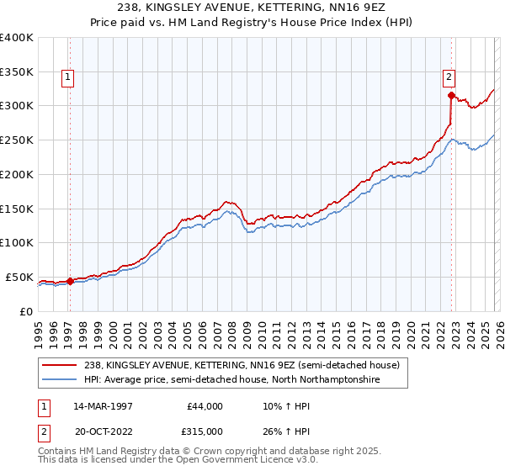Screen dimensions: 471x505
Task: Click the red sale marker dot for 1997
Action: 70,282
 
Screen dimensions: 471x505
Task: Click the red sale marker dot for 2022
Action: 452,95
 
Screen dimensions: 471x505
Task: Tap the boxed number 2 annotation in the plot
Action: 449,77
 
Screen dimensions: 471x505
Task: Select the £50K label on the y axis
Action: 19,277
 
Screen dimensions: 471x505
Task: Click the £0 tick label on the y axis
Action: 25,311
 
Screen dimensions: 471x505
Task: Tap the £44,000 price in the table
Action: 205,406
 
